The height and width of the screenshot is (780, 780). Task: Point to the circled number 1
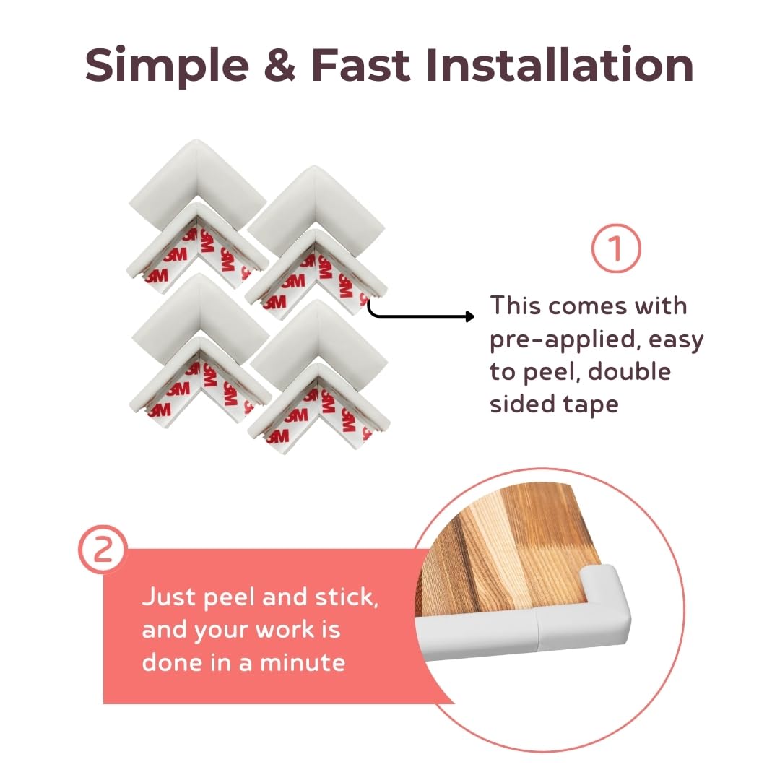coord(616,249)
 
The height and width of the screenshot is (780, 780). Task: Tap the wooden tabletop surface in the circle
coord(506,549)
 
